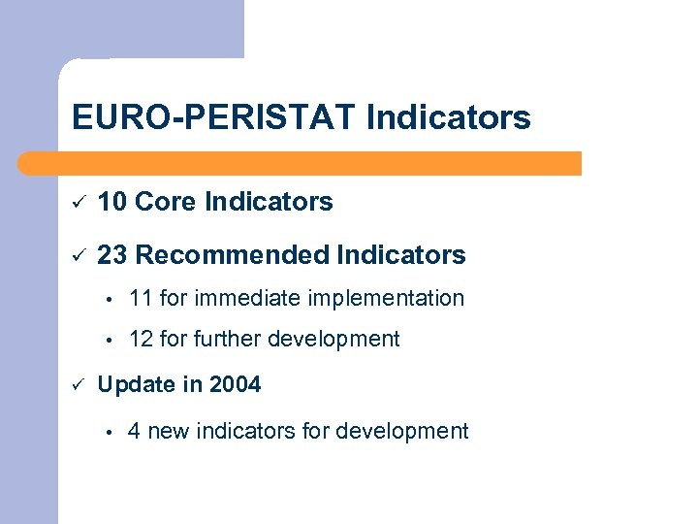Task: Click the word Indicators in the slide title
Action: pos(449,118)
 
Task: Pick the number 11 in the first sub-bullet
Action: pos(141,299)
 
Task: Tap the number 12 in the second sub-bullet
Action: pos(141,340)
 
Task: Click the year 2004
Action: pos(236,385)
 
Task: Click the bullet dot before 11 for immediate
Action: pos(112,300)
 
